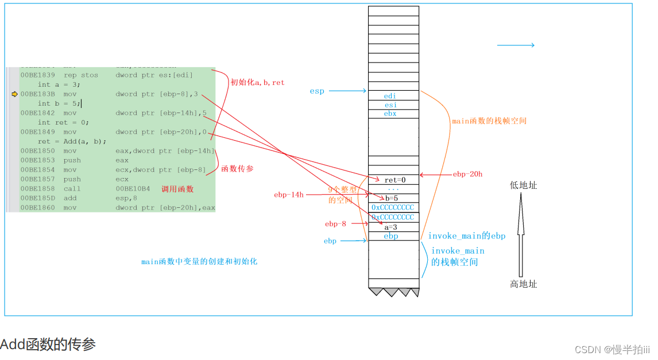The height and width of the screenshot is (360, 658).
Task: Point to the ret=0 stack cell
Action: click(394, 180)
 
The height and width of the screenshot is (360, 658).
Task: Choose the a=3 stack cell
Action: click(393, 227)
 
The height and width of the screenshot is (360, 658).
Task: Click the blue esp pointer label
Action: click(317, 91)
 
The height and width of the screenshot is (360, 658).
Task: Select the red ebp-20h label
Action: click(467, 174)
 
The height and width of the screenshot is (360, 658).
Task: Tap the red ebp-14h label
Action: click(289, 195)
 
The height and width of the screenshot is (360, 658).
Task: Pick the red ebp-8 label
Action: click(335, 224)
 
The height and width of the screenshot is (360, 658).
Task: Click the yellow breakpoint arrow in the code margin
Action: click(14, 94)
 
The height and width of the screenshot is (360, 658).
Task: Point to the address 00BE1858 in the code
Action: click(38, 189)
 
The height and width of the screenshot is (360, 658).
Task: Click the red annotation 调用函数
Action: click(177, 189)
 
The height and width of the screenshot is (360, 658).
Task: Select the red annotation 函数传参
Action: click(238, 168)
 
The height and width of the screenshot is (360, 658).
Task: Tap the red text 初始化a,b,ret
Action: click(257, 83)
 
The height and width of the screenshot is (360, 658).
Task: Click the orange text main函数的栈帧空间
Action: click(489, 121)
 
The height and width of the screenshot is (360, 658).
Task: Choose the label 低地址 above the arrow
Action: click(523, 185)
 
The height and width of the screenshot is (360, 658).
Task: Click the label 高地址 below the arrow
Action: click(523, 284)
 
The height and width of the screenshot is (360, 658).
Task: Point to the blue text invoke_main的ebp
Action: click(466, 236)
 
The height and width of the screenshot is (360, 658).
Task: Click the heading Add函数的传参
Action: click(48, 344)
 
